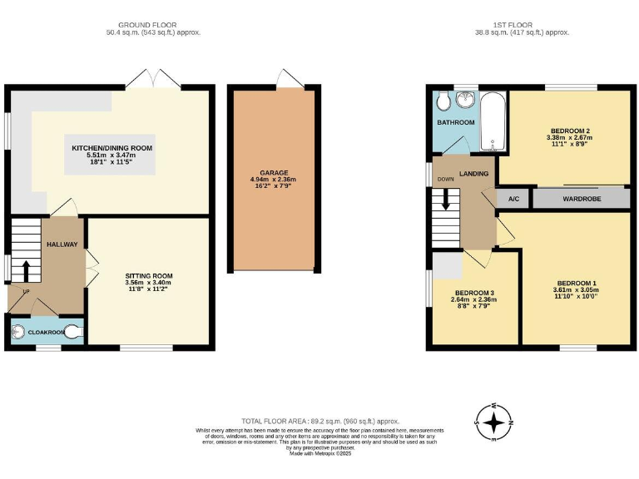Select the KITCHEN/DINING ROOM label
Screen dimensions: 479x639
click(111, 148)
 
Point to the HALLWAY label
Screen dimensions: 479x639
click(62, 244)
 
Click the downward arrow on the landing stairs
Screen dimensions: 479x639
click(446, 200)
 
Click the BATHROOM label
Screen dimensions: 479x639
click(456, 122)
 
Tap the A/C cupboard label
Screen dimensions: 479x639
click(513, 200)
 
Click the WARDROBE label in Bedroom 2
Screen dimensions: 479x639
click(580, 200)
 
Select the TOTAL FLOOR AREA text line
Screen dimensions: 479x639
click(320, 422)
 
